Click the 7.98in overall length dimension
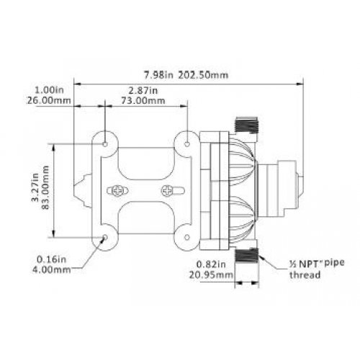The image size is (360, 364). (158, 75)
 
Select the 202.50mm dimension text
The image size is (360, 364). (203, 75)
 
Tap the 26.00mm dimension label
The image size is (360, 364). (49, 100)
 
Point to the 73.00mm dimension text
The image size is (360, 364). (143, 100)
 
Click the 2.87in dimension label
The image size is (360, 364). (143, 91)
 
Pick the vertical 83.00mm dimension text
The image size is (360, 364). (45, 187)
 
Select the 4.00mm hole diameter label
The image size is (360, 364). (52, 270)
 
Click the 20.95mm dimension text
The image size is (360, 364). (211, 275)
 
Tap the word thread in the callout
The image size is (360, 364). (305, 275)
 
